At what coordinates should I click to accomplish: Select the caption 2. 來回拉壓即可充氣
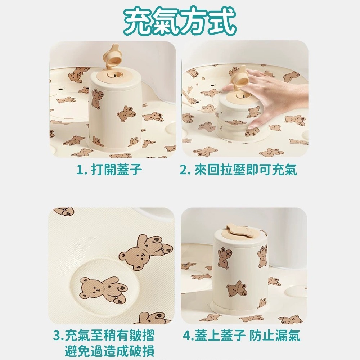pos(238,170)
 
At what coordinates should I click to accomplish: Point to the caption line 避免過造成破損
pos(110,350)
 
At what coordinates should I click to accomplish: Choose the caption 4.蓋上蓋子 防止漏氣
pos(241,336)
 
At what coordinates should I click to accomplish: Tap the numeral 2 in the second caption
pos(183,170)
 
